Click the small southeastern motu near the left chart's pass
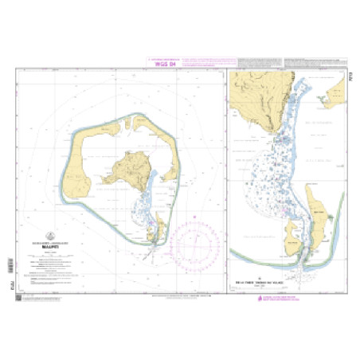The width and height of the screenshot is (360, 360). (159, 232)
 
